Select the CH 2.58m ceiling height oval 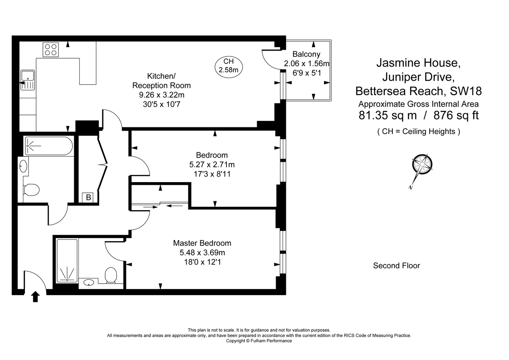pyautogui.click(x=228, y=66)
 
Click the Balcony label pyautogui.click(x=306, y=54)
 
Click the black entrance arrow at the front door pyautogui.click(x=35, y=296)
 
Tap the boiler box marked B pyautogui.click(x=88, y=197)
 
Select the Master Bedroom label pyautogui.click(x=202, y=243)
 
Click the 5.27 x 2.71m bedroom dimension pyautogui.click(x=212, y=164)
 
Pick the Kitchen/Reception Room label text pyautogui.click(x=161, y=81)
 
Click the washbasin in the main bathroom pyautogui.click(x=23, y=165)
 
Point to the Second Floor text pyautogui.click(x=396, y=266)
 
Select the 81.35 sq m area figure pyautogui.click(x=382, y=115)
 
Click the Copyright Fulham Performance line pyautogui.click(x=259, y=341)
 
